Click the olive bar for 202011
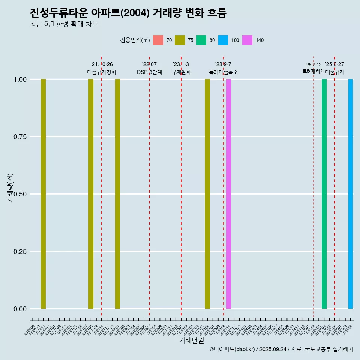coord(43,194)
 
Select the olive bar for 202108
coord(91,194)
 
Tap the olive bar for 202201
coord(117,194)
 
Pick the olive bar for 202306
coord(207,194)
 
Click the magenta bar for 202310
coord(229,194)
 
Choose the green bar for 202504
coord(324,194)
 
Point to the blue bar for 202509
coord(351,194)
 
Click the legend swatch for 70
coord(158,40)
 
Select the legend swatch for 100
coord(223,40)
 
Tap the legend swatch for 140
coord(247,40)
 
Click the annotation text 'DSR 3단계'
coord(149,72)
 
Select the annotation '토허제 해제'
coord(313,71)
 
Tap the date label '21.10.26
coord(102,64)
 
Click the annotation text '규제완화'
coord(181,72)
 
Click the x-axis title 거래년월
coord(192,340)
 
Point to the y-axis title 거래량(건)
coord(10,187)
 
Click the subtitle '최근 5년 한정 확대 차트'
coord(64,24)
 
